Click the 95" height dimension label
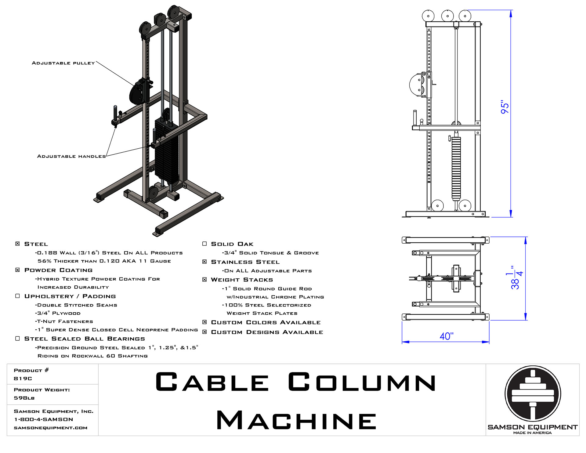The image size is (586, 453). [x=505, y=107]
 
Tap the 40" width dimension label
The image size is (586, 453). [x=446, y=336]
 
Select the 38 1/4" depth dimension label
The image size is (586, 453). [x=516, y=278]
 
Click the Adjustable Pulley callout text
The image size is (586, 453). [x=63, y=63]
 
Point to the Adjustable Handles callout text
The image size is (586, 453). [x=71, y=156]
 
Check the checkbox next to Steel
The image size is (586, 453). [x=17, y=244]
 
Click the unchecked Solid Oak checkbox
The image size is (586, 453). [x=204, y=244]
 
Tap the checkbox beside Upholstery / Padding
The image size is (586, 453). [x=17, y=296]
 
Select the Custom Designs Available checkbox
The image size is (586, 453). [x=204, y=332]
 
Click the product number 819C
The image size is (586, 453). [x=23, y=379]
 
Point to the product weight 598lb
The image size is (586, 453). [x=24, y=398]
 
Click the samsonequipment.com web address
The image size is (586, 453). [x=51, y=428]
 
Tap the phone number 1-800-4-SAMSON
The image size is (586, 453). [x=44, y=419]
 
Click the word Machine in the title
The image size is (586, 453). [x=296, y=420]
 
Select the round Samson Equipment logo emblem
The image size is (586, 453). [x=533, y=394]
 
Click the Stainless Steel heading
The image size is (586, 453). [x=245, y=262]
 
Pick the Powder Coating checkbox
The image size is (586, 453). [x=17, y=270]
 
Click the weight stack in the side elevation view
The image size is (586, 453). [x=456, y=168]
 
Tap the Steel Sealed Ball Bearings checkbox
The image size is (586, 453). [x=17, y=338]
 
